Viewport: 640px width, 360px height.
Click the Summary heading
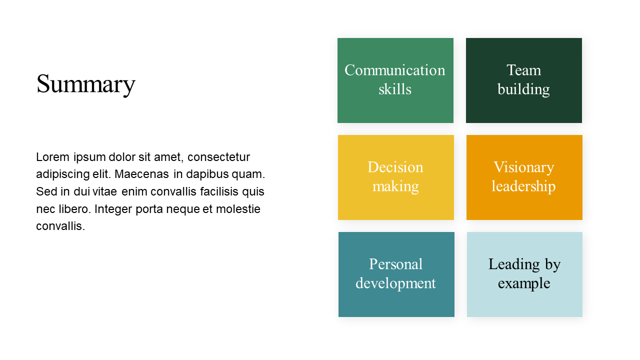[x=85, y=84]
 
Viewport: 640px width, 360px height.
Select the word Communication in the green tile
[x=395, y=70]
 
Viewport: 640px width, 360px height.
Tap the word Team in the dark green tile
[x=523, y=70]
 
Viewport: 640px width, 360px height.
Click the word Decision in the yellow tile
[x=395, y=167]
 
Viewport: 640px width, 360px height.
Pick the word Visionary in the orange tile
[x=523, y=168]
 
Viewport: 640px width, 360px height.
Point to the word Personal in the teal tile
[x=395, y=264]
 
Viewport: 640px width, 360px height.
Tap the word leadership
[x=523, y=187]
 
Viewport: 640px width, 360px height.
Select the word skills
[x=395, y=89]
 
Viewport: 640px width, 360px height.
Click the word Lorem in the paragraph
[x=53, y=157]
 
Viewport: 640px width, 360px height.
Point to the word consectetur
[x=218, y=157]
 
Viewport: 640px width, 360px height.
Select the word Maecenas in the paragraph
[x=141, y=174]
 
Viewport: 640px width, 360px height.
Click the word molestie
[x=238, y=209]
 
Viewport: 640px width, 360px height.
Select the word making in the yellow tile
[x=395, y=187]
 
